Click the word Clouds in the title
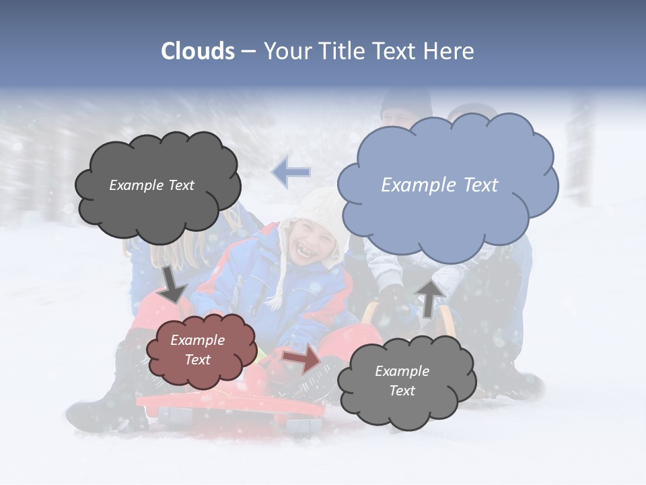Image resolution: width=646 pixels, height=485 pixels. [198, 51]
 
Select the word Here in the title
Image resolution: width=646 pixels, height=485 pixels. [450, 51]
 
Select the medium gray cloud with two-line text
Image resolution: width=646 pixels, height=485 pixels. [406, 381]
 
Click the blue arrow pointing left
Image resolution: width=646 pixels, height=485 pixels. [291, 172]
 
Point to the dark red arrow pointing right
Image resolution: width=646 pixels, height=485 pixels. [303, 358]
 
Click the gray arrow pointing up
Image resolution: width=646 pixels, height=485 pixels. [429, 298]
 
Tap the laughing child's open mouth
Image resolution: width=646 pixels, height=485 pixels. [303, 252]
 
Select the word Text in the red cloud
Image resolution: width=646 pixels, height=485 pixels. [198, 360]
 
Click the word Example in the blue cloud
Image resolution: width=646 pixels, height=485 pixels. [414, 185]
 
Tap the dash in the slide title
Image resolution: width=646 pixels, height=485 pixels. [248, 51]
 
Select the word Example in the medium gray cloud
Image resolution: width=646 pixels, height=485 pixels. [402, 371]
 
